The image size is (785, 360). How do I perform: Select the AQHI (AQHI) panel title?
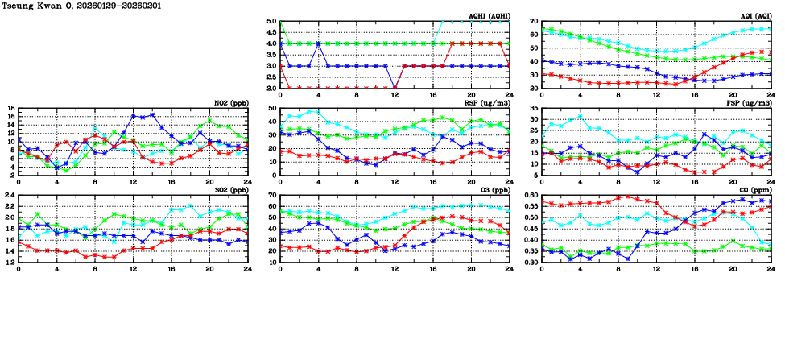point(490,16)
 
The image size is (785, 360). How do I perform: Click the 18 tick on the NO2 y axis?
point(10,108)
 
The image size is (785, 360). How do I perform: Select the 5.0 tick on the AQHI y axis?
point(271,22)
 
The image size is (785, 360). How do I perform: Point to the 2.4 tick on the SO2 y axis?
point(10,195)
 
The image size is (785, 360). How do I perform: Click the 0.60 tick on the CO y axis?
point(530,195)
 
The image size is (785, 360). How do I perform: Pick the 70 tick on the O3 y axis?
point(271,195)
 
